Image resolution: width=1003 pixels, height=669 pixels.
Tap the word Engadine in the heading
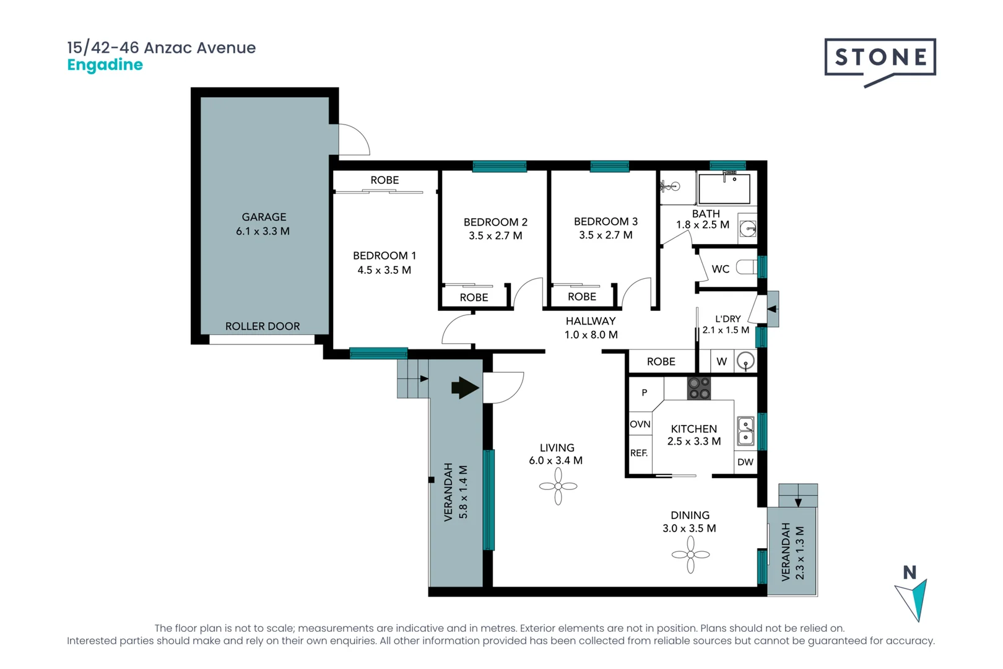[105, 65]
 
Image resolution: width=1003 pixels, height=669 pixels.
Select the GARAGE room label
[264, 217]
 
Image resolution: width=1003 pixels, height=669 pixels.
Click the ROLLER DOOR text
[262, 326]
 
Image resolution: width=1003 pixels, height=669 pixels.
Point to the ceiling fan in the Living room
[558, 486]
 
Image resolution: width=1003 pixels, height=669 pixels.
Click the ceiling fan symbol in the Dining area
[690, 554]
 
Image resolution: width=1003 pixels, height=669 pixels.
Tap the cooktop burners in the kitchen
[699, 388]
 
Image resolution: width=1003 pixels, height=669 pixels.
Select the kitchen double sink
[745, 431]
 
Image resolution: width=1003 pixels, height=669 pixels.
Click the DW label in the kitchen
[745, 462]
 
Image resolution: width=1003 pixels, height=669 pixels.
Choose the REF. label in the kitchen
[638, 453]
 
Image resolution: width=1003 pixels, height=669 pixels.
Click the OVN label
[640, 424]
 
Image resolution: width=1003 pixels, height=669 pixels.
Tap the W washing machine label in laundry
[721, 362]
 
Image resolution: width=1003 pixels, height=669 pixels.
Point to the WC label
[720, 269]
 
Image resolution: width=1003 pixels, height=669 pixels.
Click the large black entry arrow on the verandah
[465, 388]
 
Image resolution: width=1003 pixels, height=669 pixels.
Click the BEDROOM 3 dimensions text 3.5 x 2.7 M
[606, 235]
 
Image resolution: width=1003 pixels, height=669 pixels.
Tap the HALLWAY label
[590, 321]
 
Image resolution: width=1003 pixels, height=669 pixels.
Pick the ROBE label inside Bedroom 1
[384, 180]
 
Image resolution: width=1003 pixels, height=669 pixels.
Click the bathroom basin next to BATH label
[748, 229]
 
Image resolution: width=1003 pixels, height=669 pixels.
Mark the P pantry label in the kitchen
[644, 393]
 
